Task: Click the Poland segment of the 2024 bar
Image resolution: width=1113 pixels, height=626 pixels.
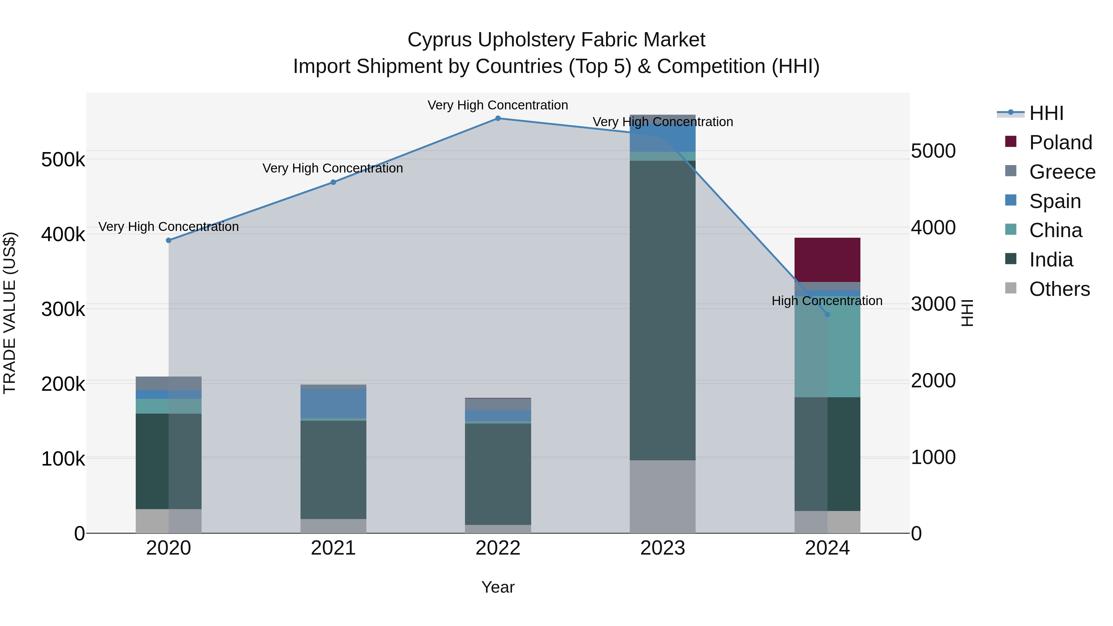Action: click(827, 260)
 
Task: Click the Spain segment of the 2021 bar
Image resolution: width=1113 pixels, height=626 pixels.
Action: click(333, 403)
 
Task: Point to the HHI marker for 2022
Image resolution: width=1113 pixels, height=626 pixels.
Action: click(498, 118)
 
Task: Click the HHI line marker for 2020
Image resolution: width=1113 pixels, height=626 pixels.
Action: click(168, 240)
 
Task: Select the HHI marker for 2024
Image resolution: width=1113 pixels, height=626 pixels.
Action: click(827, 314)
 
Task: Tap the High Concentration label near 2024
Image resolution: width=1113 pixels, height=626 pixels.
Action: click(826, 301)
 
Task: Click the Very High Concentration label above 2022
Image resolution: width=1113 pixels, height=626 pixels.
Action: click(498, 105)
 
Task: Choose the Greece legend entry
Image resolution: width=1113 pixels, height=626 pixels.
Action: click(1062, 172)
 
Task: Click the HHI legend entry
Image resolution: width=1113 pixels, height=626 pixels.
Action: click(1046, 113)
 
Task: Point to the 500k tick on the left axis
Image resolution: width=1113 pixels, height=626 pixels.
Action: click(63, 160)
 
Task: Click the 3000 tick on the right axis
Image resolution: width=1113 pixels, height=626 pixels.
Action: click(933, 304)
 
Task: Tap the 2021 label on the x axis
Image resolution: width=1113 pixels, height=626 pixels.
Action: click(333, 548)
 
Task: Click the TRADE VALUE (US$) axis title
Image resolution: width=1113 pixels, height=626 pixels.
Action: click(10, 313)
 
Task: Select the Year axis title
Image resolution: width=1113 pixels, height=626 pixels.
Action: click(498, 587)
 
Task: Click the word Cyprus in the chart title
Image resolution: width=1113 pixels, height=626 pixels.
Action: click(440, 40)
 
